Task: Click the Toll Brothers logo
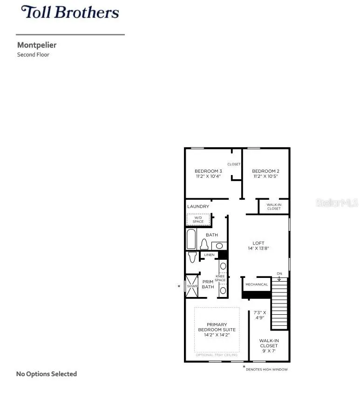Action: pos(70,12)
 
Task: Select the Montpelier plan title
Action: pos(37,45)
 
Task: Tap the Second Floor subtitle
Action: pos(33,54)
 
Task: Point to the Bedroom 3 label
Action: pos(208,171)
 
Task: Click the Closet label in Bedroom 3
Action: pos(234,164)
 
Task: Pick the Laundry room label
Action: pos(198,206)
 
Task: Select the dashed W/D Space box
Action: pos(198,219)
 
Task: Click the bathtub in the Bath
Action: pos(191,239)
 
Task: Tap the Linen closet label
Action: pos(209,255)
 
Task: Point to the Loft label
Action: pos(258,243)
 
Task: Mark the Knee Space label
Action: pos(220,278)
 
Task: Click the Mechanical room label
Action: pos(257,284)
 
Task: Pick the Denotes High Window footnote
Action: pos(267,370)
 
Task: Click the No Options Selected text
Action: pos(47,374)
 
